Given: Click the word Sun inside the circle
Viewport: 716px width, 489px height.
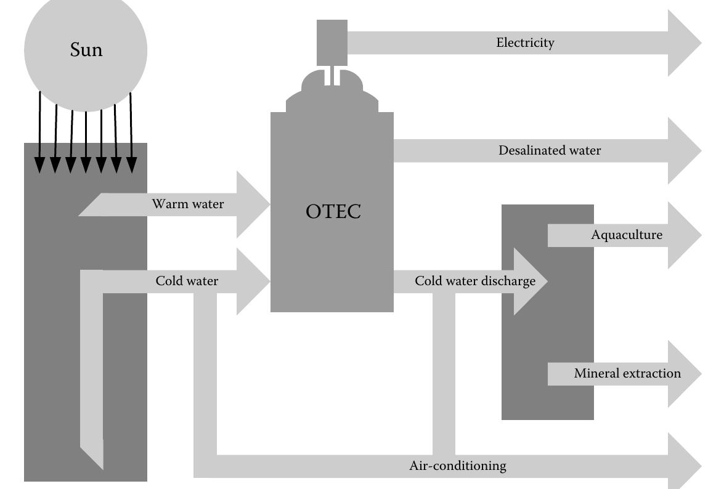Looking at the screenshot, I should pyautogui.click(x=86, y=50).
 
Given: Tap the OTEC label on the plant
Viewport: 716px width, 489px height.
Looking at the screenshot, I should pyautogui.click(x=333, y=211).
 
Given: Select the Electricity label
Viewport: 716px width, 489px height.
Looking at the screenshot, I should pyautogui.click(x=525, y=42).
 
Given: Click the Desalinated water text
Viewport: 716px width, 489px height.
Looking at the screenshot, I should pyautogui.click(x=550, y=150).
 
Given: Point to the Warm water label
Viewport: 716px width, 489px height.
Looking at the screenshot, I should pyautogui.click(x=188, y=204).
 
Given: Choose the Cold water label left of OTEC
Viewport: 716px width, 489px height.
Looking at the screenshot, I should pyautogui.click(x=187, y=281).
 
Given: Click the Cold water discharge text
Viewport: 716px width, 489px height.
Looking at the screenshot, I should pyautogui.click(x=475, y=281).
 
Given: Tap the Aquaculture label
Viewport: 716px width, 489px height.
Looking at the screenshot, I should pyautogui.click(x=627, y=235).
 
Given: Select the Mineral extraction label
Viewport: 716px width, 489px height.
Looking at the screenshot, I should pyautogui.click(x=627, y=373).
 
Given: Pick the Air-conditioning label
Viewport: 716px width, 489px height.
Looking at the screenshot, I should pyautogui.click(x=458, y=466).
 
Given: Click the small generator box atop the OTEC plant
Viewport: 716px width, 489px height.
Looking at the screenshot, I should pyautogui.click(x=332, y=42).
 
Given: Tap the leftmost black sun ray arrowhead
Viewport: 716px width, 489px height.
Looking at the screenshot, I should pyautogui.click(x=39, y=165).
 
